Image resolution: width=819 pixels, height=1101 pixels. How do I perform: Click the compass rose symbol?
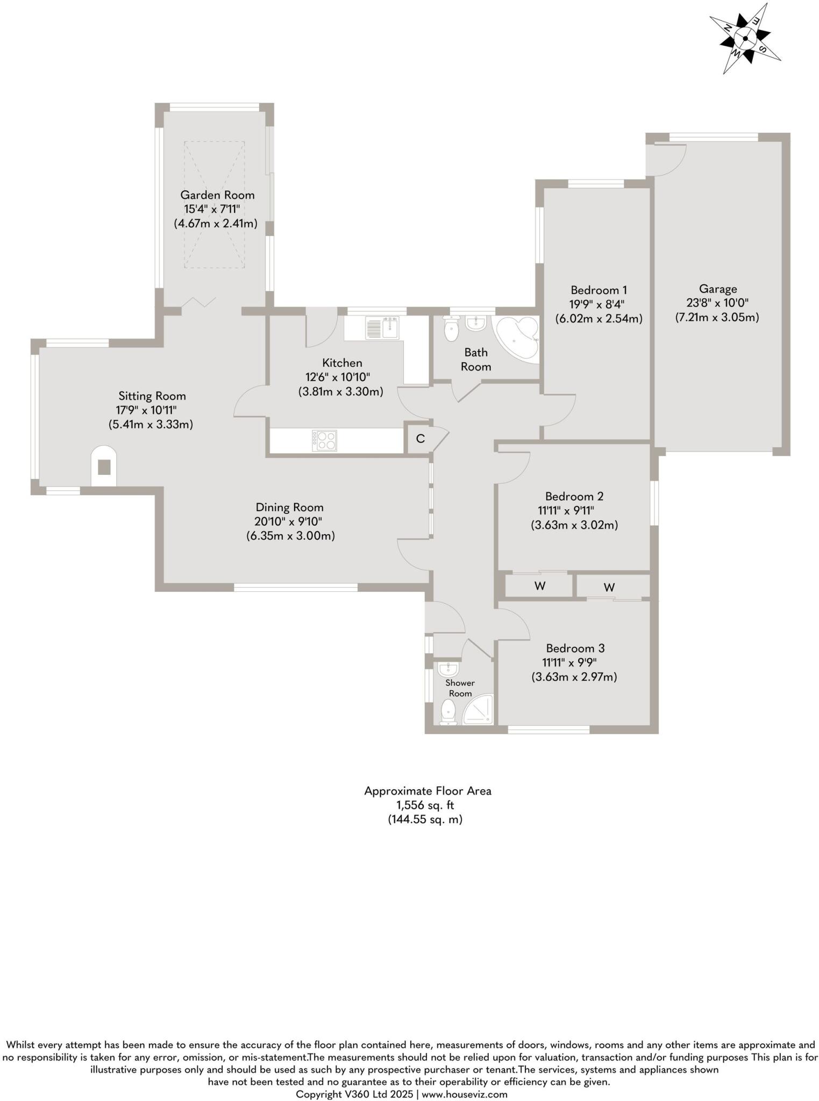coord(745,38)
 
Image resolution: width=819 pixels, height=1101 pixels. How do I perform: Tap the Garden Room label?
coord(217,195)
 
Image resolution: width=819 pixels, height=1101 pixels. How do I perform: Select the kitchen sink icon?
coord(382,328)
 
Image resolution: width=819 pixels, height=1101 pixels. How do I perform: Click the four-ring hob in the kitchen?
coord(324,441)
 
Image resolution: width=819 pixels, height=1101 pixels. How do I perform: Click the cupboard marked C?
coord(420,439)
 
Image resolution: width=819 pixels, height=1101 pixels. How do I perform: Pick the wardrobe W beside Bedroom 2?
coord(540,586)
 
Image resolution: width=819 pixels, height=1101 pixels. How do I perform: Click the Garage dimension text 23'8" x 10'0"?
coord(717,303)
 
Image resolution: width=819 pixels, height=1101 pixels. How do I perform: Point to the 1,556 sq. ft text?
coord(425,805)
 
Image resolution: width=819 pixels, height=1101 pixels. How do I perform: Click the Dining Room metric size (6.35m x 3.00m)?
coord(290,535)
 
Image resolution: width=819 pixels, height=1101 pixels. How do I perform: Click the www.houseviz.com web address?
coord(464,1094)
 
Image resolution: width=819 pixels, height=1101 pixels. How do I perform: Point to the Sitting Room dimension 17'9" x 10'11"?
coord(147,410)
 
